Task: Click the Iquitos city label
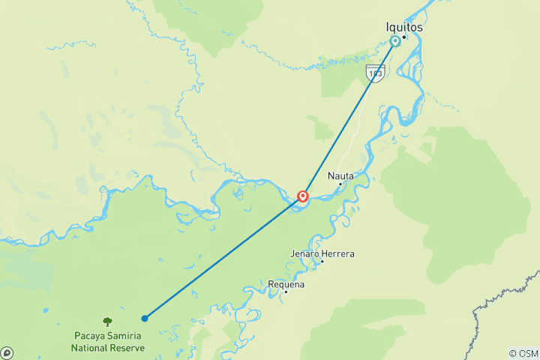coord(405,26)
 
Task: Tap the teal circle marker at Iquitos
coord(395,41)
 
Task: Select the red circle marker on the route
coord(303,196)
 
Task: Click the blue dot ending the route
coord(145,318)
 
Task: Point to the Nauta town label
coord(340,176)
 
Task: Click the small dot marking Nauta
coord(340,184)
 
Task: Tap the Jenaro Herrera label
coord(322,253)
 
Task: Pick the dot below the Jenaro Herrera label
coord(322,261)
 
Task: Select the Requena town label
coord(286,284)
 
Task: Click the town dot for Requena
coord(286,292)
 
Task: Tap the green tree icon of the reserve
coord(106,321)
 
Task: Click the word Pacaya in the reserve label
coord(91,335)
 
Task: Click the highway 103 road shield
coord(375,72)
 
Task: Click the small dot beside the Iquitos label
coord(403,37)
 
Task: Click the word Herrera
coord(338,253)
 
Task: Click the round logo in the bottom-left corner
coord(7,352)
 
